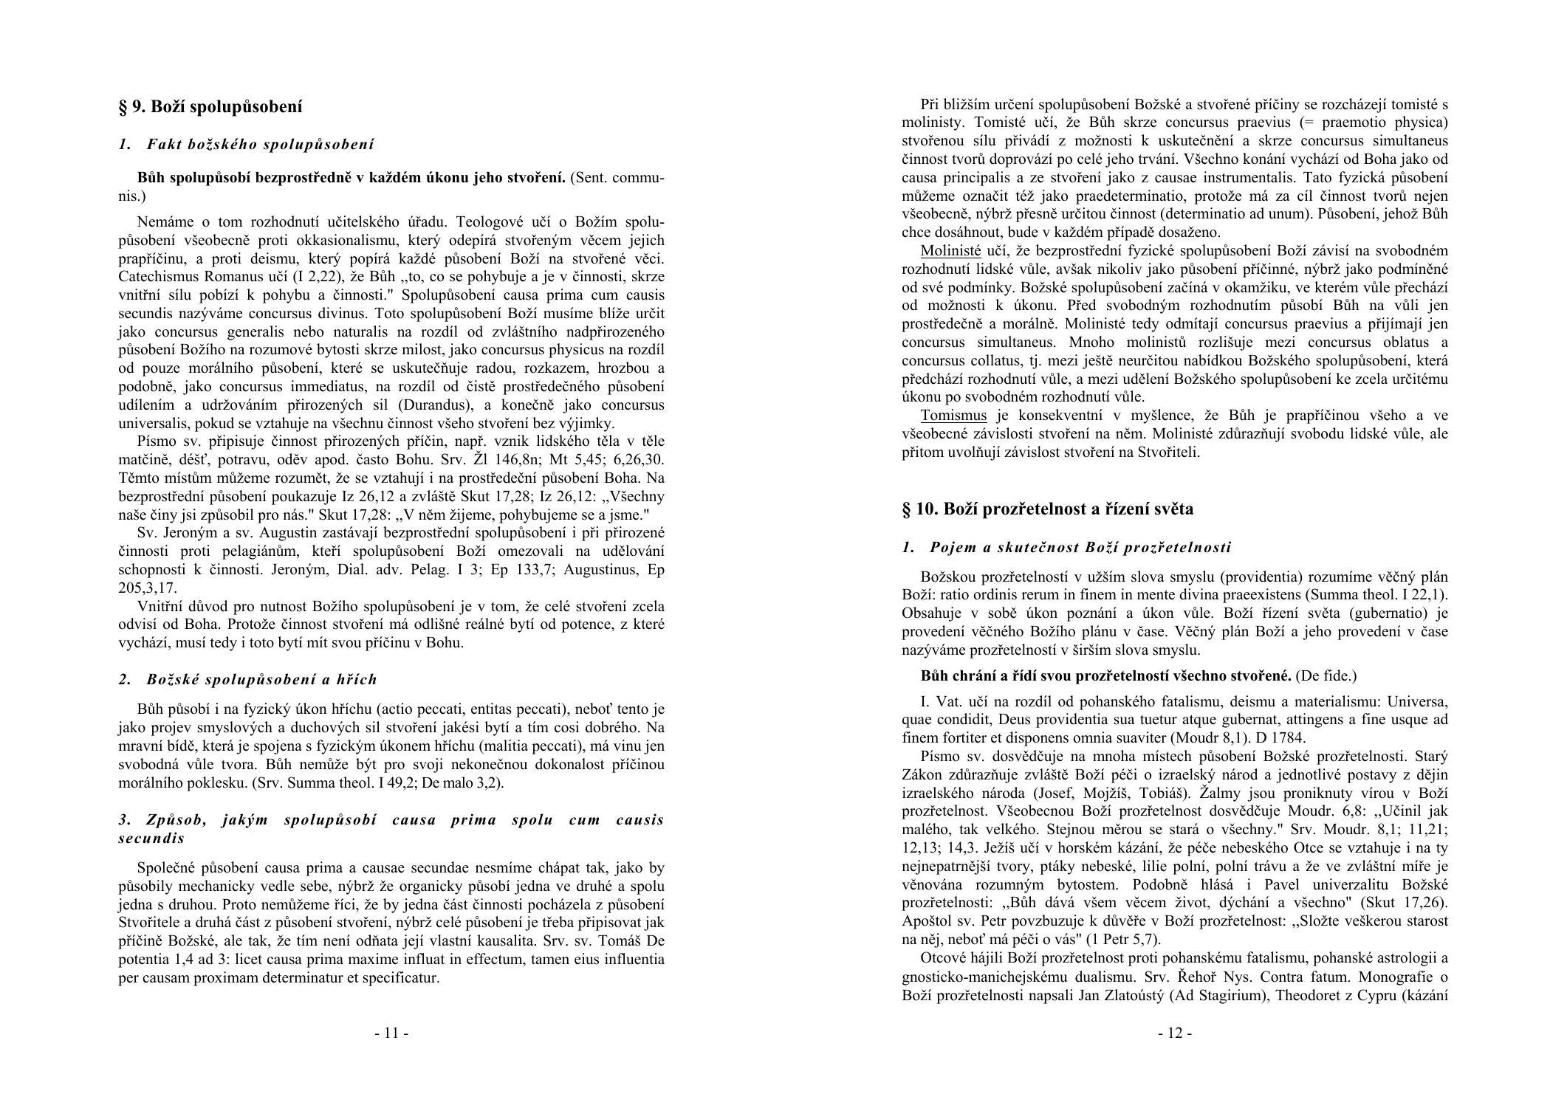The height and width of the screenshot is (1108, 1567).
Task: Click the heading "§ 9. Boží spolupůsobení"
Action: coord(210,107)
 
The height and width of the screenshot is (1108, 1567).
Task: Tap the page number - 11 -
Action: coord(391,1033)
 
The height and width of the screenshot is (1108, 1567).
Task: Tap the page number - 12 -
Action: coord(1175,1033)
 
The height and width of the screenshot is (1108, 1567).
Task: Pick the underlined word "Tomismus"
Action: coord(953,416)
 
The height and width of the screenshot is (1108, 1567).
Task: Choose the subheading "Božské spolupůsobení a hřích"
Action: coord(261,680)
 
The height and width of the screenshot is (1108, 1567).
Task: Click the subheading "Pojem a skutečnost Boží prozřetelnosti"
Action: coord(1080,548)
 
